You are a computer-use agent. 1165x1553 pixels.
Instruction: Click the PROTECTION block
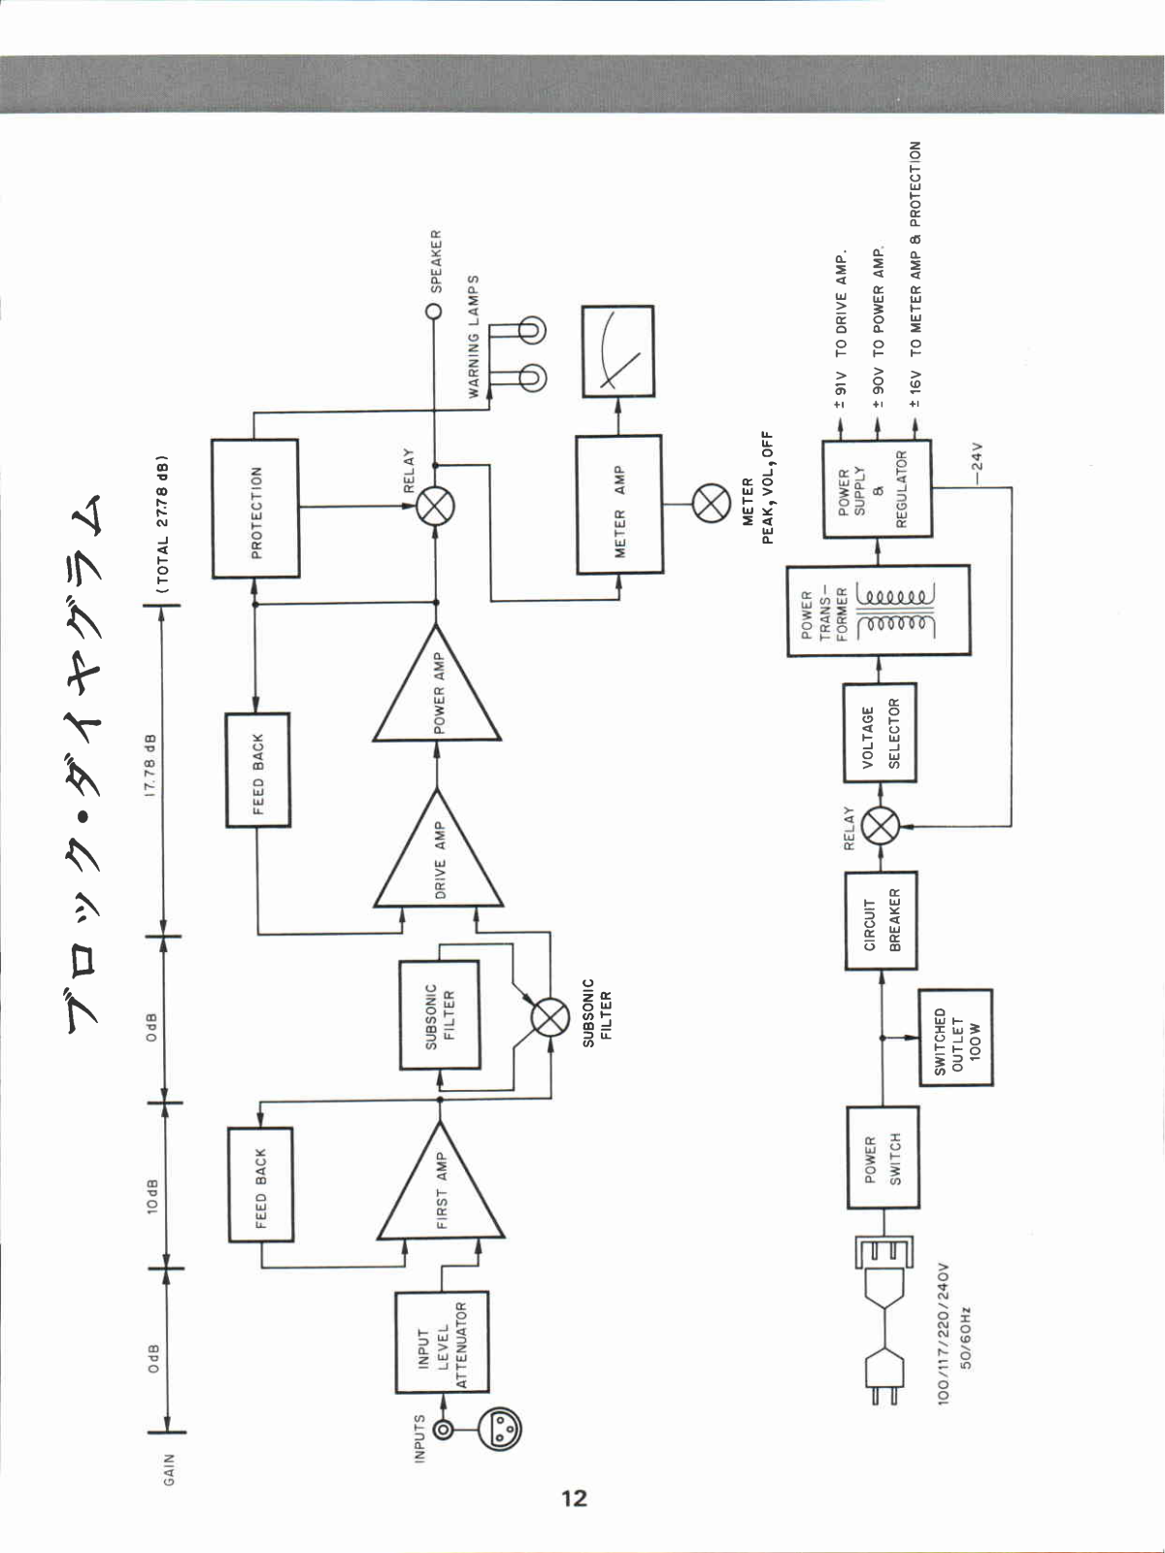point(255,509)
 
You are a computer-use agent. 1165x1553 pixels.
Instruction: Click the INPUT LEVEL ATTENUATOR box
point(442,1342)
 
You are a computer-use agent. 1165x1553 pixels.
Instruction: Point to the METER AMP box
point(619,505)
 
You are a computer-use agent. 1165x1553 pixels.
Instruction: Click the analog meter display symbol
point(617,351)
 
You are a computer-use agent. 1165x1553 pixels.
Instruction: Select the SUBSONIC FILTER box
point(440,1015)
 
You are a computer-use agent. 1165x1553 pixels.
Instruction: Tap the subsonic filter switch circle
point(550,1018)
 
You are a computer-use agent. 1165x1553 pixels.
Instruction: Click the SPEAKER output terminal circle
point(434,312)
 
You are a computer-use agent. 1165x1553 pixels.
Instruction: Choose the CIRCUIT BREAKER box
point(881,919)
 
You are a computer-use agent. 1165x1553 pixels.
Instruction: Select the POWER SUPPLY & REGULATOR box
point(877,489)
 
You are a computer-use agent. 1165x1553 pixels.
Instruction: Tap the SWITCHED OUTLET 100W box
point(955,1039)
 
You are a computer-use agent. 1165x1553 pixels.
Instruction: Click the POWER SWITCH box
point(882,1157)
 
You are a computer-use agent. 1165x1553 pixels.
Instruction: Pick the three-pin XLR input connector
point(501,1428)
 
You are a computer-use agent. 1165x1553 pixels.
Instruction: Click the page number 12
point(574,1498)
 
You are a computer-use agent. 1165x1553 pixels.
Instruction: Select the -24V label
point(977,456)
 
